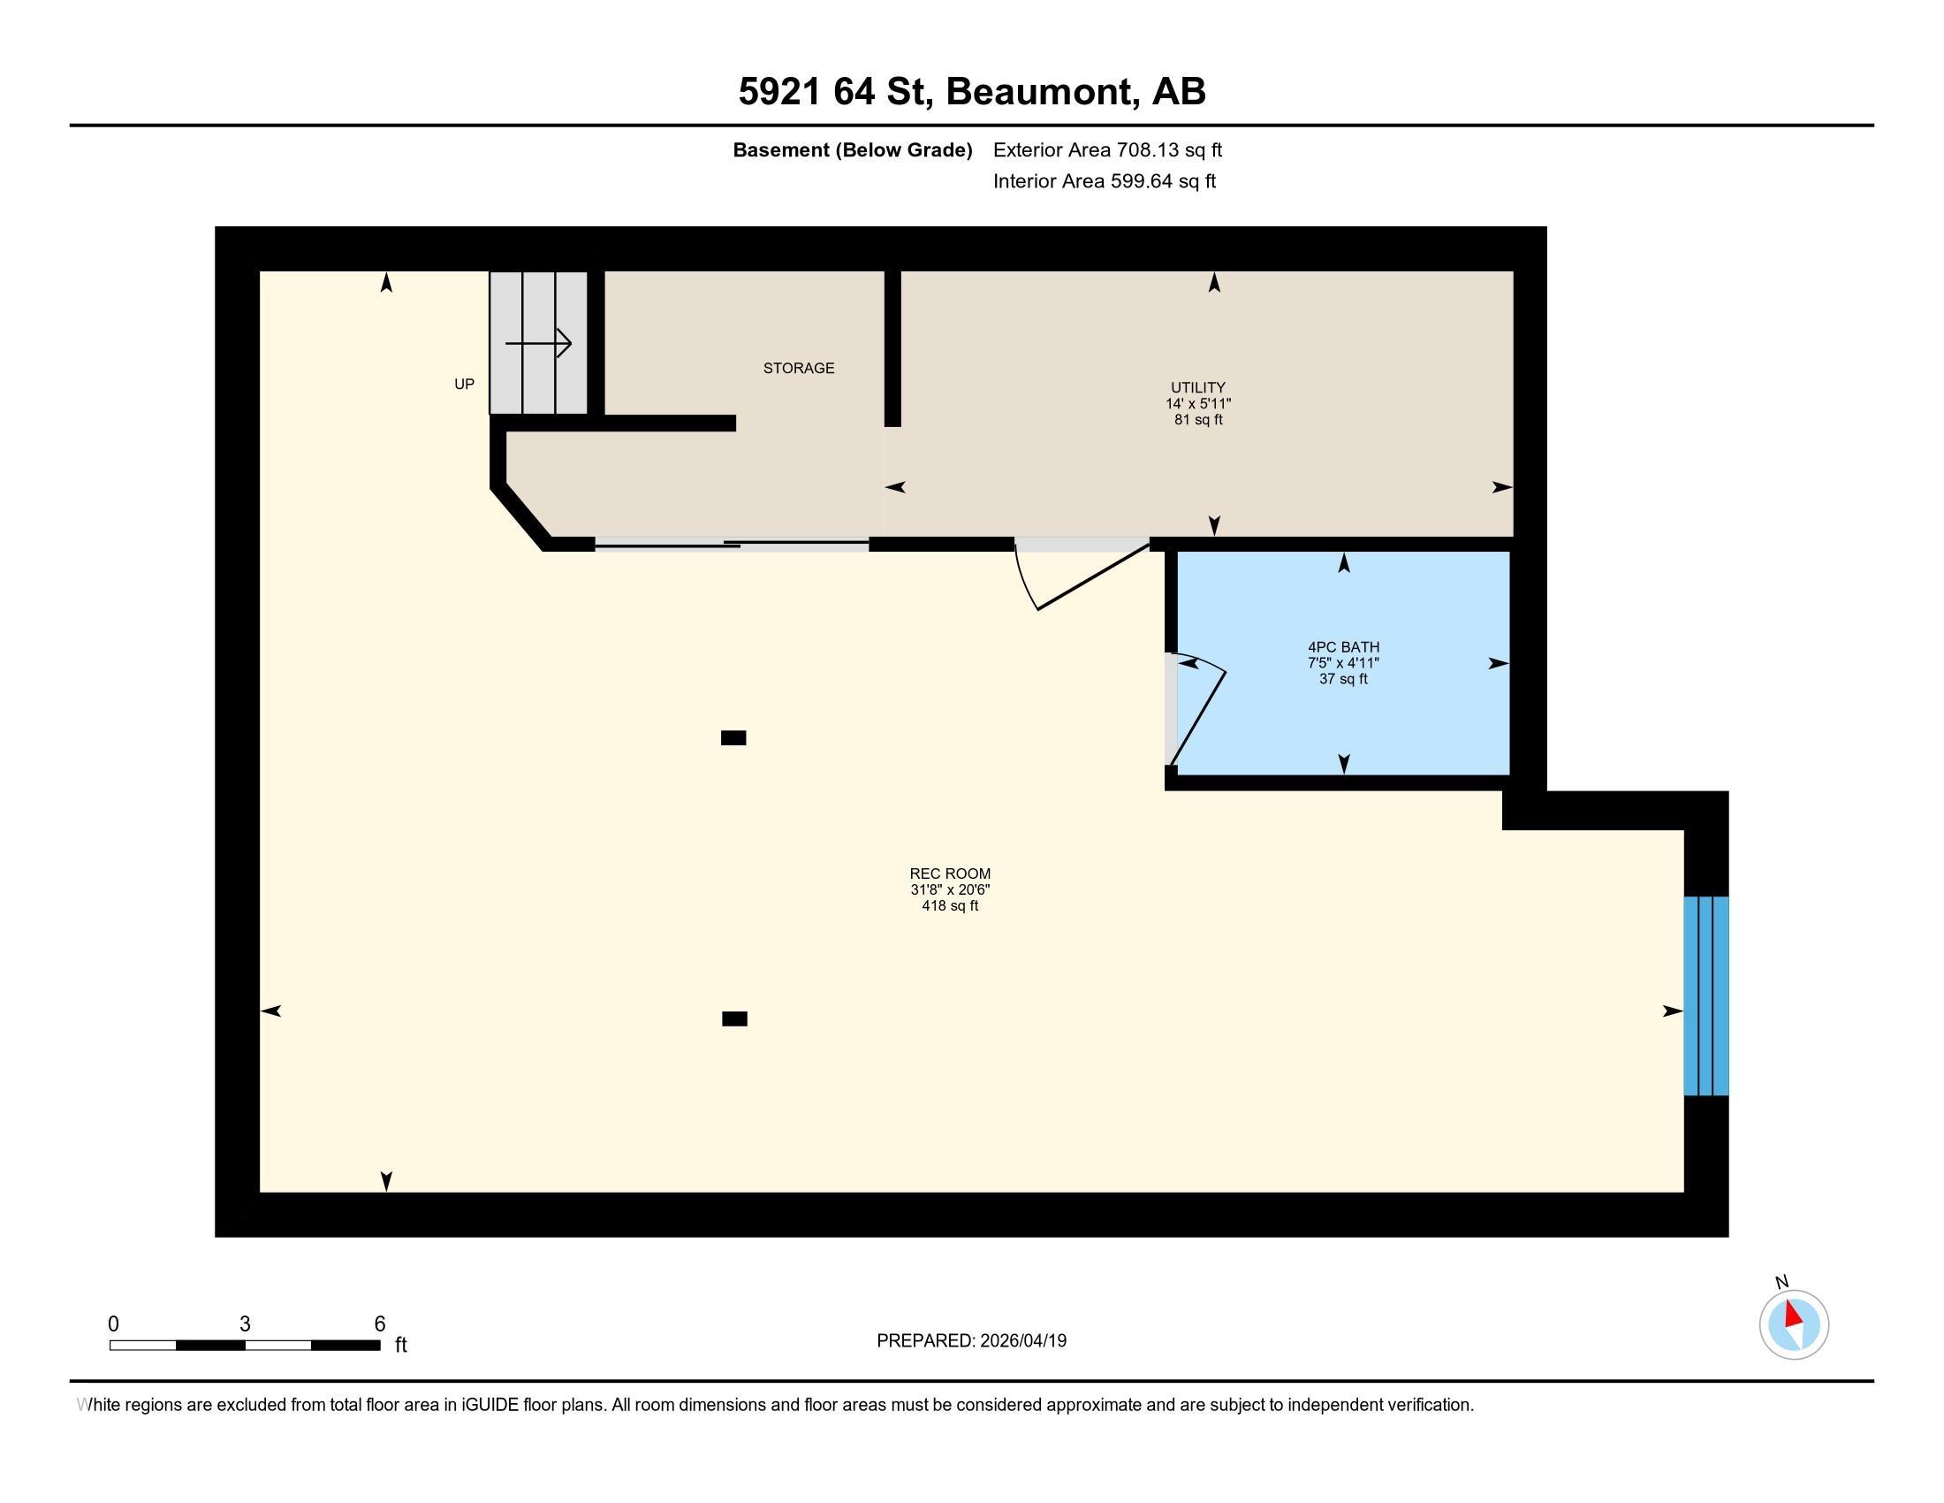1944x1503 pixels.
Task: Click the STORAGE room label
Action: tap(799, 368)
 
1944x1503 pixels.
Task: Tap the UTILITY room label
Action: tap(1198, 387)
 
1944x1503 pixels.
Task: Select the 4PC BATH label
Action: tap(1343, 647)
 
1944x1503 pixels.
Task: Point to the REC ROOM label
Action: tap(950, 874)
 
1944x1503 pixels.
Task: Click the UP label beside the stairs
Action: tap(464, 384)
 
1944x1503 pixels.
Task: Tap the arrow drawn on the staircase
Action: tap(538, 343)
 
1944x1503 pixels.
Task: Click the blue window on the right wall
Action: tap(1705, 996)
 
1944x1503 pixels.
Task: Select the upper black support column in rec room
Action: tap(733, 737)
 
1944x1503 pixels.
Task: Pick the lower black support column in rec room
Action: tap(734, 1019)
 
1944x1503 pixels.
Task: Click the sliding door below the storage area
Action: tap(732, 545)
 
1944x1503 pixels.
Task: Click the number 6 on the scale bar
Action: tap(379, 1324)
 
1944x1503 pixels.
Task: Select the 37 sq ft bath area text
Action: tap(1343, 678)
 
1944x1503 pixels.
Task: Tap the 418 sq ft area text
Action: tap(950, 905)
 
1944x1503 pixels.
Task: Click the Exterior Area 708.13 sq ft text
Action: tap(1107, 149)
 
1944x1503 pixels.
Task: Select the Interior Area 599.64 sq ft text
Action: tap(1104, 180)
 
